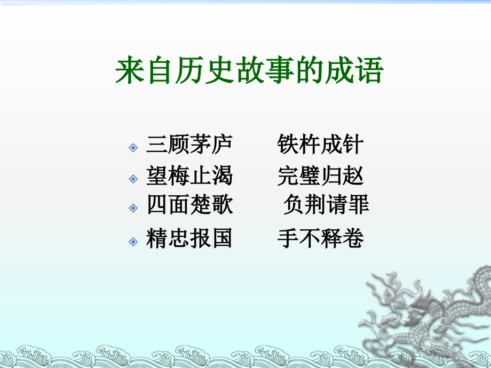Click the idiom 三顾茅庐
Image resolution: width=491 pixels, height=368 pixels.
189,146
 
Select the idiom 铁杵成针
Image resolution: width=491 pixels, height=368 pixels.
320,146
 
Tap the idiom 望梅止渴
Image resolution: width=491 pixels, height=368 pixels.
189,176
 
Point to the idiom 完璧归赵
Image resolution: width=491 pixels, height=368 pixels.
320,176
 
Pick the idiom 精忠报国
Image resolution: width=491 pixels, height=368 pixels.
189,238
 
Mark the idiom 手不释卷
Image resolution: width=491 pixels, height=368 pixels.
320,238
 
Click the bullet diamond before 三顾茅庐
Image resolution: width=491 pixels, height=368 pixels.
133,147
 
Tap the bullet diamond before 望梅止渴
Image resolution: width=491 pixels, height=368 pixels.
133,178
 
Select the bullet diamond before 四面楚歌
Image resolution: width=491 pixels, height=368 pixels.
133,207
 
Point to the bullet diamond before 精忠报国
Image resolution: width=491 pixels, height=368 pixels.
133,241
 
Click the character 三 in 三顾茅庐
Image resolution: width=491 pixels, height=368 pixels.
157,146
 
